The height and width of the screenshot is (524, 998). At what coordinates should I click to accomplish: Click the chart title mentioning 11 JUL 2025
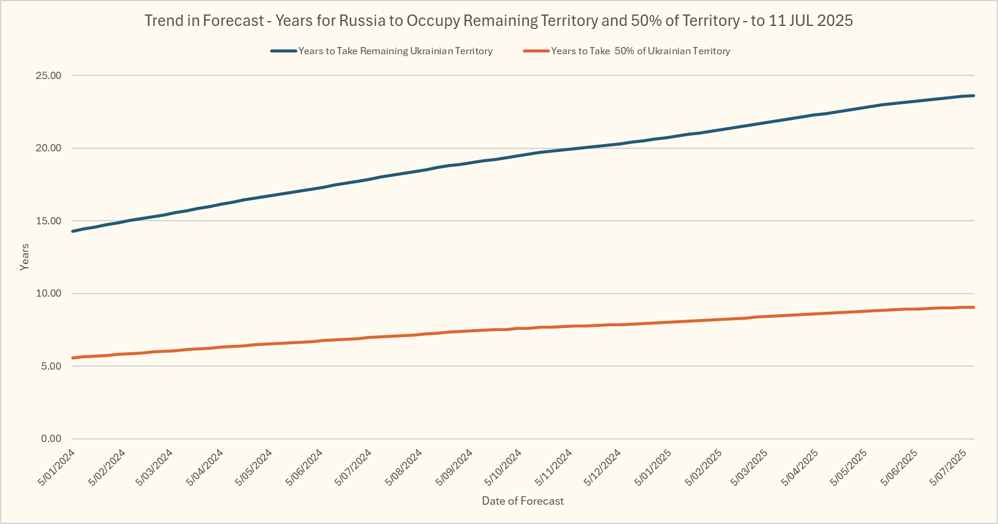pyautogui.click(x=499, y=21)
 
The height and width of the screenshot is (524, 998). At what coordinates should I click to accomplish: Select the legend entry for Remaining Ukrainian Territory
pyautogui.click(x=395, y=51)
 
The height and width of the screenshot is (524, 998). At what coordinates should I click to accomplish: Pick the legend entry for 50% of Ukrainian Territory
pyautogui.click(x=640, y=51)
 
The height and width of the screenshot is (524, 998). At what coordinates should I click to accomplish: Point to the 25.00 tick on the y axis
pyautogui.click(x=48, y=76)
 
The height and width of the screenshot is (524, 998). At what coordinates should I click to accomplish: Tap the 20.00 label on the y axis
pyautogui.click(x=48, y=148)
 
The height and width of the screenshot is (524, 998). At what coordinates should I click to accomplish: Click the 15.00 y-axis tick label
pyautogui.click(x=48, y=221)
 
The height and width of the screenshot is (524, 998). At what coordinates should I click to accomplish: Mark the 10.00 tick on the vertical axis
pyautogui.click(x=48, y=294)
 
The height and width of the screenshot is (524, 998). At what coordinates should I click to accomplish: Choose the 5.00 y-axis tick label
pyautogui.click(x=51, y=366)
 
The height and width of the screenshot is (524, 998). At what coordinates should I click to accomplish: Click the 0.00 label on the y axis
pyautogui.click(x=51, y=439)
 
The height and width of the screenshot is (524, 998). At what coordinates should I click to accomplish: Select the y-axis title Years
pyautogui.click(x=25, y=257)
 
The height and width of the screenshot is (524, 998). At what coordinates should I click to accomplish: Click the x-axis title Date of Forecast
pyautogui.click(x=523, y=501)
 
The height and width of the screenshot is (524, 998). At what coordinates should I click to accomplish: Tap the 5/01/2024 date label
pyautogui.click(x=57, y=467)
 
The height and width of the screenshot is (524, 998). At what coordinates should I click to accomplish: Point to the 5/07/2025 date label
pyautogui.click(x=949, y=467)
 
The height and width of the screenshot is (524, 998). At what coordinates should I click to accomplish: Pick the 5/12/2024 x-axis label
pyautogui.click(x=602, y=467)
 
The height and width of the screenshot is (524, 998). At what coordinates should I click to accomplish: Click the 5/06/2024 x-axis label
pyautogui.click(x=305, y=467)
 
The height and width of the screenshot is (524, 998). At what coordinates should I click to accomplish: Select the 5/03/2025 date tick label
pyautogui.click(x=749, y=467)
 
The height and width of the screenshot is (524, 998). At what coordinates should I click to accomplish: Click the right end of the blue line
pyautogui.click(x=973, y=95)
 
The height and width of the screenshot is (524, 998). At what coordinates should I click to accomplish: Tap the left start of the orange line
pyautogui.click(x=72, y=358)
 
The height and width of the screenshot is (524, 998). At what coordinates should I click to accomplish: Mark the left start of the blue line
pyautogui.click(x=72, y=231)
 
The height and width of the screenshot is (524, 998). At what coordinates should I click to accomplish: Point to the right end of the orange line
pyautogui.click(x=973, y=308)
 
